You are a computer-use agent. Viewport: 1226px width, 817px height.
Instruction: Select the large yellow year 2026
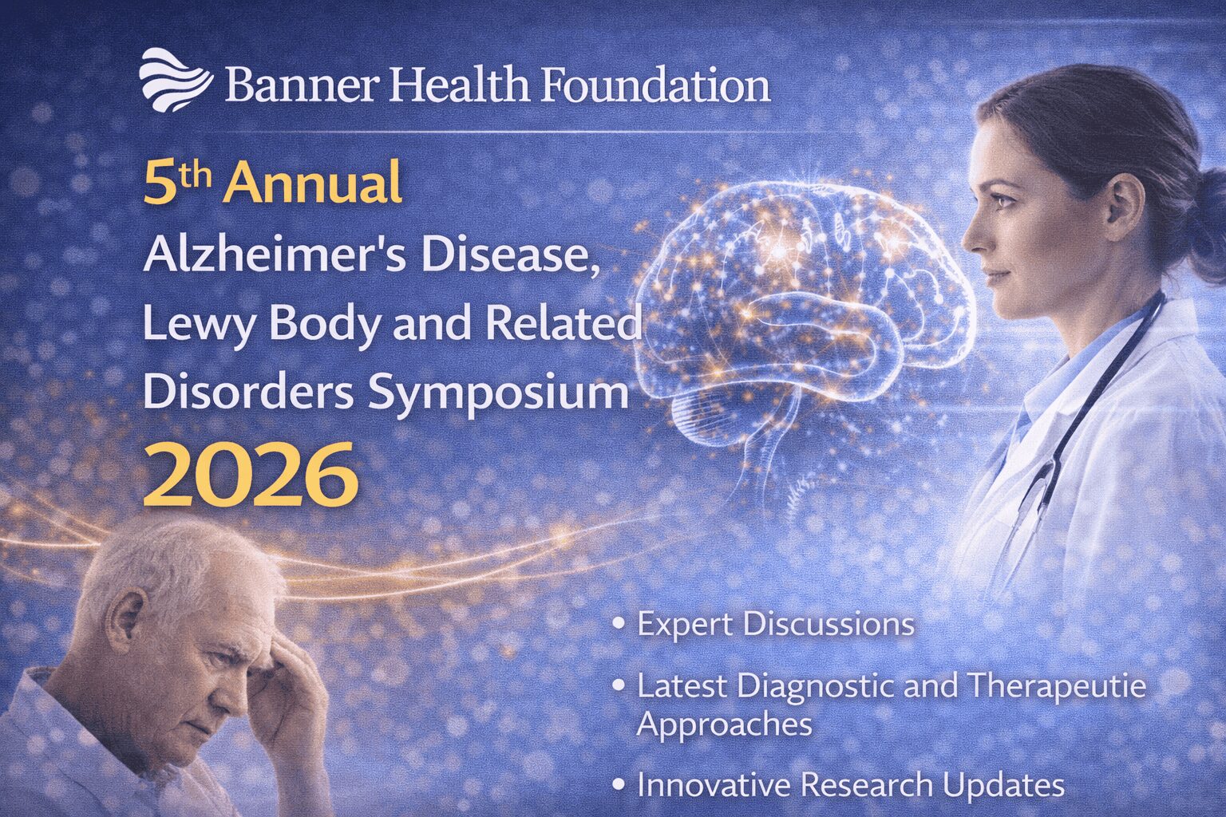[250, 476]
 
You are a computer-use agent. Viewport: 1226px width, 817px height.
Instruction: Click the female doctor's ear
[1125, 206]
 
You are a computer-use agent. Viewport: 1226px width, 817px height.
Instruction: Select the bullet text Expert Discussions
[775, 624]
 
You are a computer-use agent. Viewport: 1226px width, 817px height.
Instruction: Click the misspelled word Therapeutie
[1057, 686]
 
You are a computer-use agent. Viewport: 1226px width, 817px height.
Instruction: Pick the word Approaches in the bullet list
[724, 724]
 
